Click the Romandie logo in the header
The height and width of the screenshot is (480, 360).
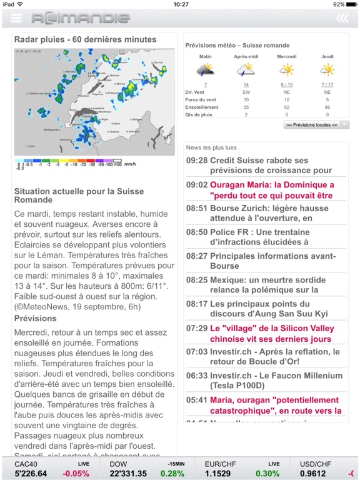pos(81,18)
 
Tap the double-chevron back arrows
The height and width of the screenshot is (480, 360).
pos(342,18)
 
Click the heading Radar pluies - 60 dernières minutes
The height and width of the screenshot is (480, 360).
pos(85,39)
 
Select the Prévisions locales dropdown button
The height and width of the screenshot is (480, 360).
pos(316,125)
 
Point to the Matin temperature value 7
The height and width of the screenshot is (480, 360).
pos(205,84)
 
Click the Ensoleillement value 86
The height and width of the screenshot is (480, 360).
pos(327,107)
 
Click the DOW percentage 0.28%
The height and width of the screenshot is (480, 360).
pos(172,473)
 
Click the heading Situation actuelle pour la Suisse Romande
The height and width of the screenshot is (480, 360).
pos(79,196)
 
